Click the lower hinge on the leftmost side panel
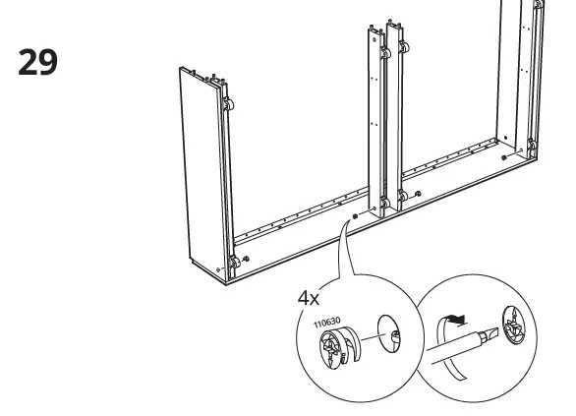tap(235, 263)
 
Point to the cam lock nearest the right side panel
tap(503, 157)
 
